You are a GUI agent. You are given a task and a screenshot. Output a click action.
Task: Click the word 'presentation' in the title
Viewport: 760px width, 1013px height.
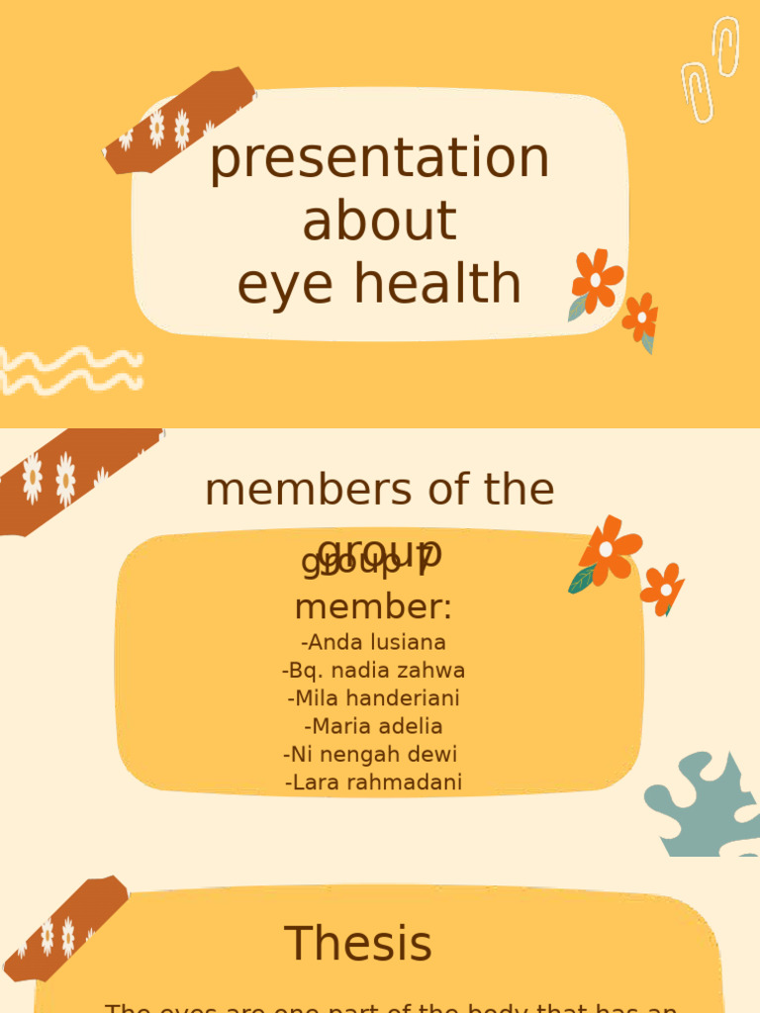click(x=379, y=158)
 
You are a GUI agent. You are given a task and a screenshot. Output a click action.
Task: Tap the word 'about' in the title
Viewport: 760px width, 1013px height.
click(x=379, y=221)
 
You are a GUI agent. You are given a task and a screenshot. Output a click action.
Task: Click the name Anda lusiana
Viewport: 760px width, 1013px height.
click(x=373, y=642)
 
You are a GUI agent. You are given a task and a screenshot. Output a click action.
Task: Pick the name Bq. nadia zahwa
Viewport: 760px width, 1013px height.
click(x=373, y=670)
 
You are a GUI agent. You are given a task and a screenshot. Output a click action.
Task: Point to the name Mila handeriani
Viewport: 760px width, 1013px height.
click(x=373, y=697)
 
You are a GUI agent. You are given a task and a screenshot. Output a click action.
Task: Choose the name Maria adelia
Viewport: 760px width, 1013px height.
click(x=373, y=726)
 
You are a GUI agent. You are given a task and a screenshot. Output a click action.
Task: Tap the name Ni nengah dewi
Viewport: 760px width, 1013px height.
click(x=370, y=754)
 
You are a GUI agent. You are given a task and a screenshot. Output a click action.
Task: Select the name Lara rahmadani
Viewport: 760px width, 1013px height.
click(x=373, y=783)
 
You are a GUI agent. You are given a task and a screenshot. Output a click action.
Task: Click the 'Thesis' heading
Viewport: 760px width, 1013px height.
click(x=358, y=944)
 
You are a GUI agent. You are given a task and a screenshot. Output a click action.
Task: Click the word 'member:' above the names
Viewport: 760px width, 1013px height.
click(x=373, y=605)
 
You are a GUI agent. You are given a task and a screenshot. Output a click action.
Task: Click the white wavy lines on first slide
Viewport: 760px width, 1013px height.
click(x=69, y=370)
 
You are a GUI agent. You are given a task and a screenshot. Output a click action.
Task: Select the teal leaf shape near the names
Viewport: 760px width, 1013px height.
click(x=704, y=802)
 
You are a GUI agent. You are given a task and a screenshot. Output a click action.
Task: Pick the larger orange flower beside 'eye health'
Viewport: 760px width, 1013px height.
click(x=596, y=281)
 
